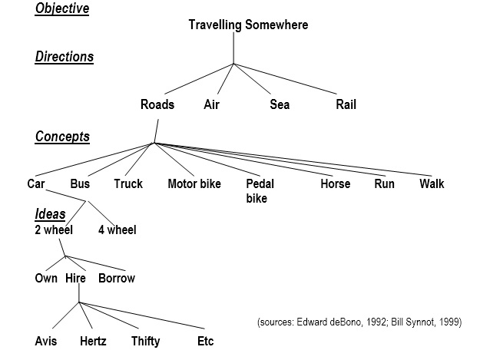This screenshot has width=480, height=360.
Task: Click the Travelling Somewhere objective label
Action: point(248,25)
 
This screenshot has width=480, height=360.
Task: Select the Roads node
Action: point(157,104)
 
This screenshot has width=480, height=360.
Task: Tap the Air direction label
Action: point(211,104)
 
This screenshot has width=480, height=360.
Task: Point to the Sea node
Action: point(280,104)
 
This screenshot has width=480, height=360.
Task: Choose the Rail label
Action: point(346,104)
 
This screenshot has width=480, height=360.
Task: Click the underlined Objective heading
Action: point(62,8)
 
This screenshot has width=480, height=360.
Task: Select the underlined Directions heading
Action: point(65,57)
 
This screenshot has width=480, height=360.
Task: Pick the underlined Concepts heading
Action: point(62,137)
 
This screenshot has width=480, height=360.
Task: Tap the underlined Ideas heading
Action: point(50,214)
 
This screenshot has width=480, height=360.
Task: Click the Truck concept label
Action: point(128,183)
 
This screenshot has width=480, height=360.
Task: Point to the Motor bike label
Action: point(194,183)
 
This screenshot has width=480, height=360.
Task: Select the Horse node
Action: point(335,183)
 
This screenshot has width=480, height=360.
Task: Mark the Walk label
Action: point(432,183)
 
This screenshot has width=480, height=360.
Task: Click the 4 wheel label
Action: point(118,230)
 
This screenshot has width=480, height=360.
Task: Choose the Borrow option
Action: point(117,279)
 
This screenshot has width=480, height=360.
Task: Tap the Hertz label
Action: point(93,341)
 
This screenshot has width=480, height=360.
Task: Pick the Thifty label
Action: point(145,342)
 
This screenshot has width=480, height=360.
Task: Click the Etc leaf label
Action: point(205,341)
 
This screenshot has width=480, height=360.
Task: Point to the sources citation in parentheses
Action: point(359,322)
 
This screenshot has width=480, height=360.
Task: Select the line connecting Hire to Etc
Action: point(142,315)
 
